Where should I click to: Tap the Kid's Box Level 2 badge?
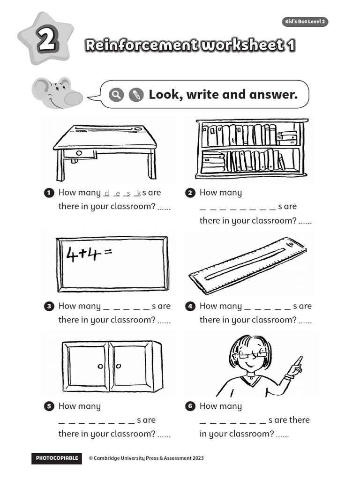pyautogui.click(x=305, y=22)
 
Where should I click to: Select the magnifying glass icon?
pyautogui.click(x=116, y=95)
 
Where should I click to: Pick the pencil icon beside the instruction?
pyautogui.click(x=135, y=95)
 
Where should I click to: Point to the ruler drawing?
pyautogui.click(x=247, y=265)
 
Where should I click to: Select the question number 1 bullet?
pyautogui.click(x=49, y=193)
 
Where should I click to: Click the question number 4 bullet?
pyautogui.click(x=190, y=306)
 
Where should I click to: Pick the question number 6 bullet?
pyautogui.click(x=190, y=406)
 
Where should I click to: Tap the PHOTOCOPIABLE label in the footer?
pyautogui.click(x=56, y=458)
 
